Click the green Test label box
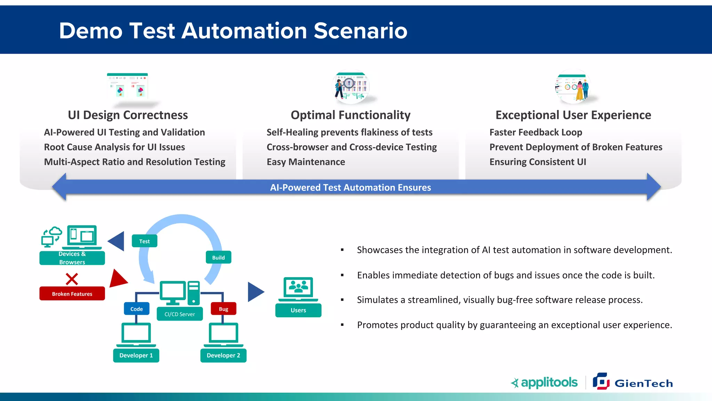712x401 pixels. tap(145, 241)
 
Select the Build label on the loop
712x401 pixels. tap(218, 257)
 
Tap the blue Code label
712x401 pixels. tap(137, 309)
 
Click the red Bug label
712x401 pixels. tap(224, 309)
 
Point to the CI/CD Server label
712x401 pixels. tap(180, 314)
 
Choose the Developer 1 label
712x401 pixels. tap(136, 355)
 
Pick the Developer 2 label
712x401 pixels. tap(223, 355)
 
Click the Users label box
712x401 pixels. tap(298, 310)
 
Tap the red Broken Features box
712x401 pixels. tap(72, 293)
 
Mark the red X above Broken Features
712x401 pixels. tap(72, 279)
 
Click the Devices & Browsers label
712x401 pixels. tap(72, 258)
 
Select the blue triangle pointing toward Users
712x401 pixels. tap(256, 292)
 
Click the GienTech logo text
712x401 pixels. tap(644, 383)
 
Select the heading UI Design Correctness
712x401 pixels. tap(128, 115)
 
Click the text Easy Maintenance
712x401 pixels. tap(306, 162)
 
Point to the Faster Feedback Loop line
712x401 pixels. tap(535, 132)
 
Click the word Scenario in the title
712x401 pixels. tap(361, 31)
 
